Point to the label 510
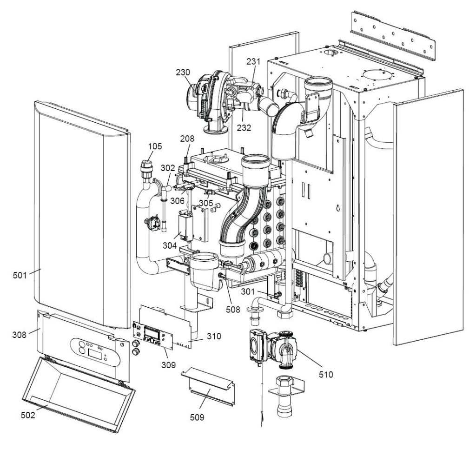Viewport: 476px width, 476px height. pos(326,374)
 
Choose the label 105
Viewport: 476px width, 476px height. pos(155,146)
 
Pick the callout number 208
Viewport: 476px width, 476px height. pos(188,138)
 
